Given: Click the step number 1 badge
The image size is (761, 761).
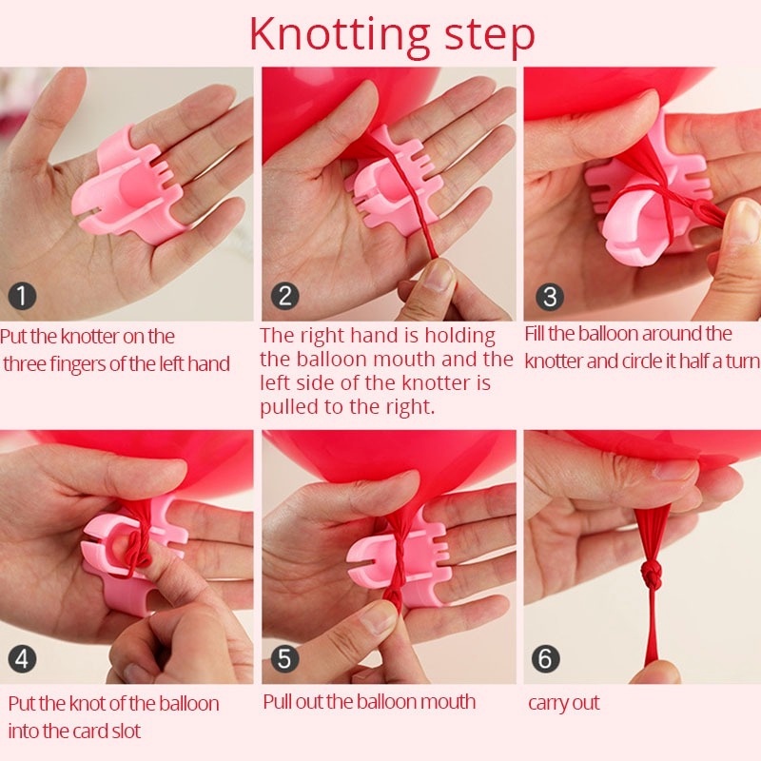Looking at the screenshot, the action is pos(22,296).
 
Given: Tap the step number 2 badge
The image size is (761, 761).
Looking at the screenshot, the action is pos(284,296).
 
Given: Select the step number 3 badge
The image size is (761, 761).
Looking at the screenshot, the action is pos(550,297).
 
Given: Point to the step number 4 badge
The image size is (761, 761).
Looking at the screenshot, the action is pos(22,658).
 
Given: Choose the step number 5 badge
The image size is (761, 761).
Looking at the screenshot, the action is pos(284,658).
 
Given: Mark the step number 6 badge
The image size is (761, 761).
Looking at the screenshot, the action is pos(546,658).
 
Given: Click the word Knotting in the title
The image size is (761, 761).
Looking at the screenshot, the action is pos(340,35).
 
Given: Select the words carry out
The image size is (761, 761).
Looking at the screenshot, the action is pos(563,703).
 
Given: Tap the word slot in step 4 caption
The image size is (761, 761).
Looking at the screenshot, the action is pos(127,731).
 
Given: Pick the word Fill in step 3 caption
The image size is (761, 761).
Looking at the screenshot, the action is pos(536,334).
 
